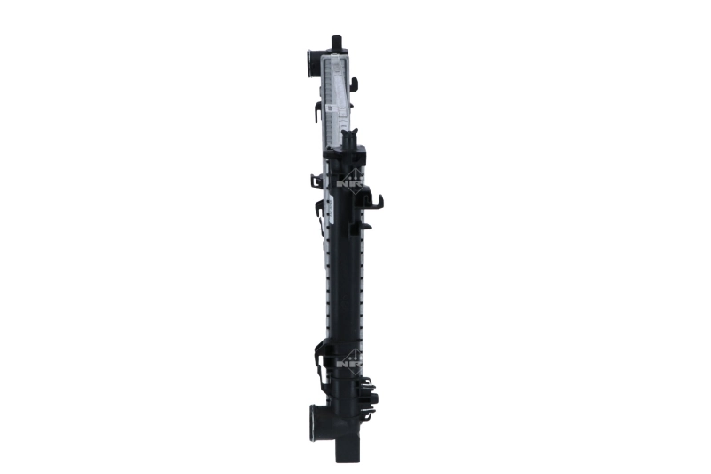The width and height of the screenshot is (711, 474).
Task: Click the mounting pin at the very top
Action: pyautogui.click(x=336, y=43)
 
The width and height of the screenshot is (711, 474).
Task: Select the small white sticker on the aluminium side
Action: pyautogui.click(x=330, y=109)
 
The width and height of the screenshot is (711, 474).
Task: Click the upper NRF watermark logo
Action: pyautogui.click(x=351, y=178)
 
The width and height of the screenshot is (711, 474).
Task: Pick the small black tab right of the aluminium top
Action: pyautogui.click(x=354, y=84)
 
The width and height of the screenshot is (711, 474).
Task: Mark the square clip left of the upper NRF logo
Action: pyautogui.click(x=316, y=181)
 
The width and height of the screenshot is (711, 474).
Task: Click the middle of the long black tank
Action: pyautogui.click(x=346, y=285)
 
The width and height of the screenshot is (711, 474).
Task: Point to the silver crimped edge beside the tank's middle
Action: pyautogui.click(x=327, y=285)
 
